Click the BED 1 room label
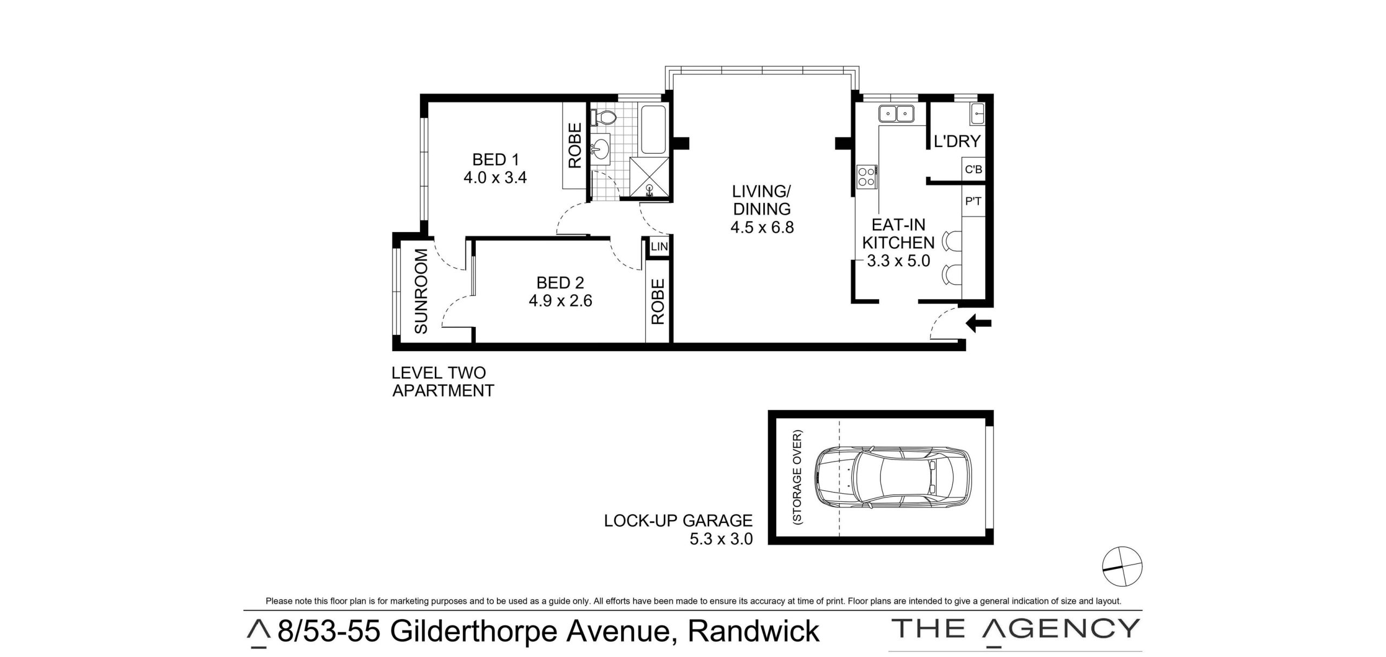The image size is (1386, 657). [x=495, y=160]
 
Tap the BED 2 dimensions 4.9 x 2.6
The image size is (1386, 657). [x=560, y=300]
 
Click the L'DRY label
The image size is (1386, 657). [x=957, y=141]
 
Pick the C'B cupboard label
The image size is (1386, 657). [x=973, y=170]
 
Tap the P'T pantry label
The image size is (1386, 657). [x=973, y=202]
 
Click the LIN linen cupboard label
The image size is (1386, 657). [x=659, y=247]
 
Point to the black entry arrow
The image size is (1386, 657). [x=979, y=324]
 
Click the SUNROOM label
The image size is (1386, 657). [x=421, y=291]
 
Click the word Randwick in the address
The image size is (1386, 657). [x=753, y=632]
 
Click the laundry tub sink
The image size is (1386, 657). [x=977, y=114]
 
